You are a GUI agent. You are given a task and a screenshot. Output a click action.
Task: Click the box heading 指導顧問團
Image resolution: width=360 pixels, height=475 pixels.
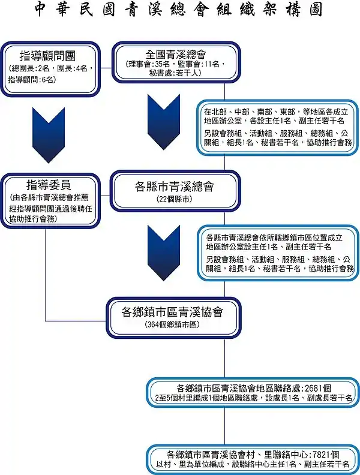point(47,56)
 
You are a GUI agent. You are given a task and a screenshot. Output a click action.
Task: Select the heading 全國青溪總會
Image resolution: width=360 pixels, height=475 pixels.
point(176,55)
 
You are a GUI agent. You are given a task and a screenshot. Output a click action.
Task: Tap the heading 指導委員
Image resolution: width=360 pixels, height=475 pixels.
point(49,185)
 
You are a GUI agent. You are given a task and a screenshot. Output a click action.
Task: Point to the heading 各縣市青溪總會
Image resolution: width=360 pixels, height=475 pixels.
point(174,187)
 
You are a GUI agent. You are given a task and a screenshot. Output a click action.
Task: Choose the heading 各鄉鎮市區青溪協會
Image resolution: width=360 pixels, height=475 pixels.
point(172,312)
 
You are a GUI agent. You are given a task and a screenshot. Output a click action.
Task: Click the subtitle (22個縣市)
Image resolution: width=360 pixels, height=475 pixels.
point(174,199)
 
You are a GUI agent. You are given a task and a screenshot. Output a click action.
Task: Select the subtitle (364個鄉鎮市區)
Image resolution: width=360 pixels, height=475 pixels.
point(172,324)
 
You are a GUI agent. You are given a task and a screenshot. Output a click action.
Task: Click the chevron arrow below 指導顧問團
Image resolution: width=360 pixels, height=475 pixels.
point(49,136)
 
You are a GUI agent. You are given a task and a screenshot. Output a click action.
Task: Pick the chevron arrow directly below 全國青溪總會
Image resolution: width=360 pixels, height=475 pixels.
point(164,122)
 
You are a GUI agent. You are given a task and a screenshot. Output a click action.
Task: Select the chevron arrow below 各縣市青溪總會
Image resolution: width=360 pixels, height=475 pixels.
point(164,253)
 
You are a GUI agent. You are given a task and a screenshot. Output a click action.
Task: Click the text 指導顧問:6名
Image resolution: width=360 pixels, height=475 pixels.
point(32,80)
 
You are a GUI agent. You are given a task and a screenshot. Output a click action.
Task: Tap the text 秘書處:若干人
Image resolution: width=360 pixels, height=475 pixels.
point(175,73)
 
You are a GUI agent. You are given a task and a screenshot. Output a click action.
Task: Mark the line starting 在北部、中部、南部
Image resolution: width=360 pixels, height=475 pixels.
point(276,112)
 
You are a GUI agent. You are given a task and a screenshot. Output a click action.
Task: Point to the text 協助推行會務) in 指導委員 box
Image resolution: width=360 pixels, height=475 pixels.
point(33,220)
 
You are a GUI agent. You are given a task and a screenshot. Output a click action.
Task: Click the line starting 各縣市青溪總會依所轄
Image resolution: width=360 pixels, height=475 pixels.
point(274,237)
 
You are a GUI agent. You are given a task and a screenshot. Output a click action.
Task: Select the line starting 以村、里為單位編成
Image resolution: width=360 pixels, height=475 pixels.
point(253,464)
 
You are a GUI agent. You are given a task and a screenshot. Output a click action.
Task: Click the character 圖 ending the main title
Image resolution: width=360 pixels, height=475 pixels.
point(316,9)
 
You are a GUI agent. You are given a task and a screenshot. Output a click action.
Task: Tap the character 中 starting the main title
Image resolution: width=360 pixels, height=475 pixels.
point(40,9)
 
